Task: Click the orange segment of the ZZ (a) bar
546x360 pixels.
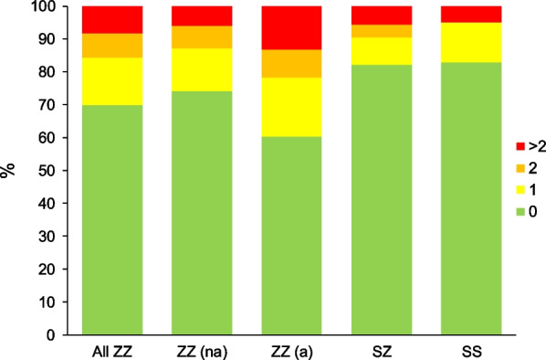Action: (291, 63)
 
